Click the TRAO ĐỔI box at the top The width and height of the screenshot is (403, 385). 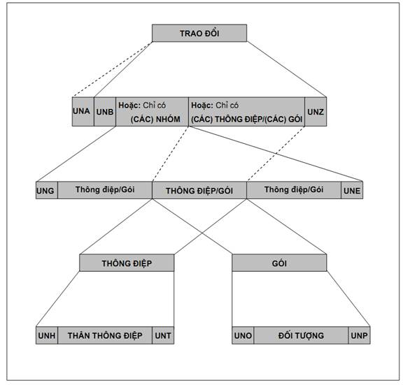click(x=199, y=33)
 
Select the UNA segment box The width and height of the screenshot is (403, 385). click(x=83, y=112)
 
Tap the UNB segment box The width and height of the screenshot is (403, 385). click(x=105, y=112)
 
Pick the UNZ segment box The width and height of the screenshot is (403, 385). click(x=316, y=112)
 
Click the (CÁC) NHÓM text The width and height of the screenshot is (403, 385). click(x=155, y=119)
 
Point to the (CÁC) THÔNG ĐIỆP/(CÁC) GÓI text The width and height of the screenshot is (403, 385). click(x=246, y=119)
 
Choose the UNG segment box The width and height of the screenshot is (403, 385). click(x=47, y=190)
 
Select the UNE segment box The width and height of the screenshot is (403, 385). click(x=352, y=190)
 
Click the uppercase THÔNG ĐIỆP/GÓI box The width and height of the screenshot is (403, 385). click(x=199, y=190)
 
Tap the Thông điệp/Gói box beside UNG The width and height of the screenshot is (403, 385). click(x=105, y=190)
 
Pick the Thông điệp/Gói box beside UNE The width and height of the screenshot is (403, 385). click(x=294, y=190)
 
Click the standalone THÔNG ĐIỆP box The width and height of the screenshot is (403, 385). click(x=127, y=263)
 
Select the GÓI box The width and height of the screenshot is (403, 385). click(x=279, y=263)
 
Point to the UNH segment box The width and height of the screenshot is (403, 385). click(x=47, y=335)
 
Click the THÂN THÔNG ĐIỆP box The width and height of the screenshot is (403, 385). click(x=105, y=335)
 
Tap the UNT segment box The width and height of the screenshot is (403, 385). click(x=163, y=335)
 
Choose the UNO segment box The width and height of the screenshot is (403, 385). click(x=243, y=335)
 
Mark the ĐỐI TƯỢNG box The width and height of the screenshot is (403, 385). click(x=301, y=335)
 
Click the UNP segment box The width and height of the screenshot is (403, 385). click(x=359, y=335)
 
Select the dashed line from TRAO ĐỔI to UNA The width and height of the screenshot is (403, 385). click(x=112, y=69)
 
